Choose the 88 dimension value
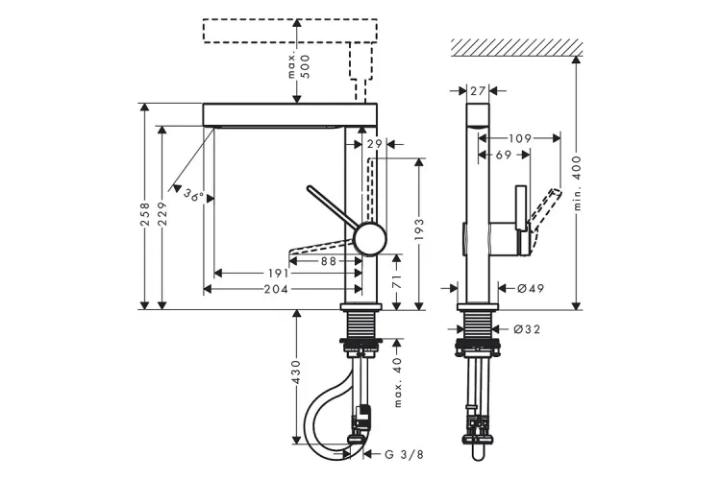pos(329,260)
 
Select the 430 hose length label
pos(296,372)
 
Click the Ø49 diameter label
pos(531,288)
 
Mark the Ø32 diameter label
pos(531,329)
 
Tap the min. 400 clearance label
pos(578,184)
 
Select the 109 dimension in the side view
pos(520,138)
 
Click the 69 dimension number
pos(503,155)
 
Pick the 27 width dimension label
pos(479,90)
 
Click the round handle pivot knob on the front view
pos(367,238)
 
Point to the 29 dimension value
pos(375,144)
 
